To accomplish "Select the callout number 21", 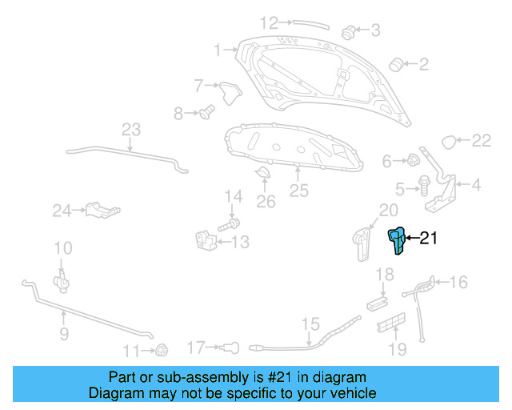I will [x=429, y=238].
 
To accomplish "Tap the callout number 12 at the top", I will [x=268, y=22].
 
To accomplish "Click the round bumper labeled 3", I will [x=349, y=33].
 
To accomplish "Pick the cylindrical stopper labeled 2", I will [x=395, y=63].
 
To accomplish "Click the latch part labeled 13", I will [x=205, y=239].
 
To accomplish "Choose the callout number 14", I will [x=233, y=196].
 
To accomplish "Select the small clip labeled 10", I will [x=60, y=279].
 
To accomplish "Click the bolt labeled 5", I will [x=422, y=189].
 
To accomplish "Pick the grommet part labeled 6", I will [x=414, y=160].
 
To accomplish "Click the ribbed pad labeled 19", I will [x=390, y=327].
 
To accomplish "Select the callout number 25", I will [x=298, y=191].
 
